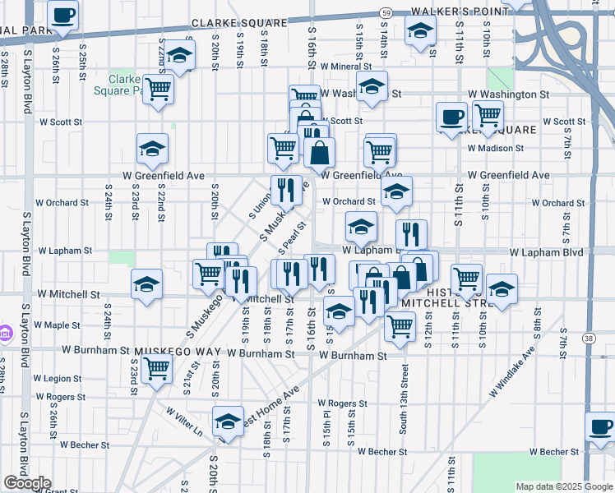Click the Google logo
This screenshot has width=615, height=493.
pyautogui.click(x=26, y=483)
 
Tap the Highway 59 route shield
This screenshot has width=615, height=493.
pyautogui.click(x=386, y=12)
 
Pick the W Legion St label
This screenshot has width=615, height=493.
pyautogui.click(x=59, y=379)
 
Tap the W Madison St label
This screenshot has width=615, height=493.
pyautogui.click(x=496, y=149)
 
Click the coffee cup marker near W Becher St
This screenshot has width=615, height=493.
pyautogui.click(x=600, y=426)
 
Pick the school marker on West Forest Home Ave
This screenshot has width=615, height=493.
pyautogui.click(x=228, y=421)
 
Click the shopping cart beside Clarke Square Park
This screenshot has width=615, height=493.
pyautogui.click(x=158, y=89)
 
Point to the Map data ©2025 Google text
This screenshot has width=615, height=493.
pyautogui.click(x=564, y=486)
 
